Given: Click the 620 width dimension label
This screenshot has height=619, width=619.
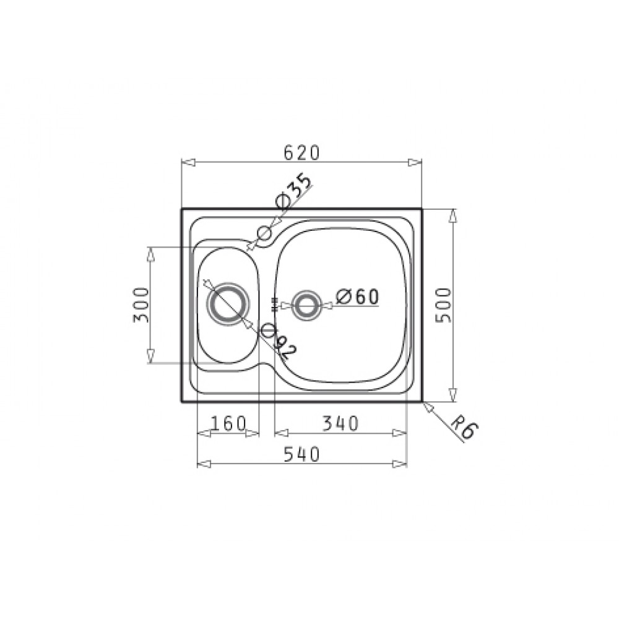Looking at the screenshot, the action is [301, 153].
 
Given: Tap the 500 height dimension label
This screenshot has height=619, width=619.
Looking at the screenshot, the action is [443, 305].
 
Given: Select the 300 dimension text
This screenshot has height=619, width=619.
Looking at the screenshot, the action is [141, 305].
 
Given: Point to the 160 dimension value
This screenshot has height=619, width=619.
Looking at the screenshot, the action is [228, 424].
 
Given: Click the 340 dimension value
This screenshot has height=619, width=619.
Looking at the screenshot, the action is [340, 424].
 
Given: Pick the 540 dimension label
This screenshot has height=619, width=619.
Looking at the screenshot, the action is [301, 454].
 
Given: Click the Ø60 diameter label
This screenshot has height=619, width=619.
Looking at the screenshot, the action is [357, 297].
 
